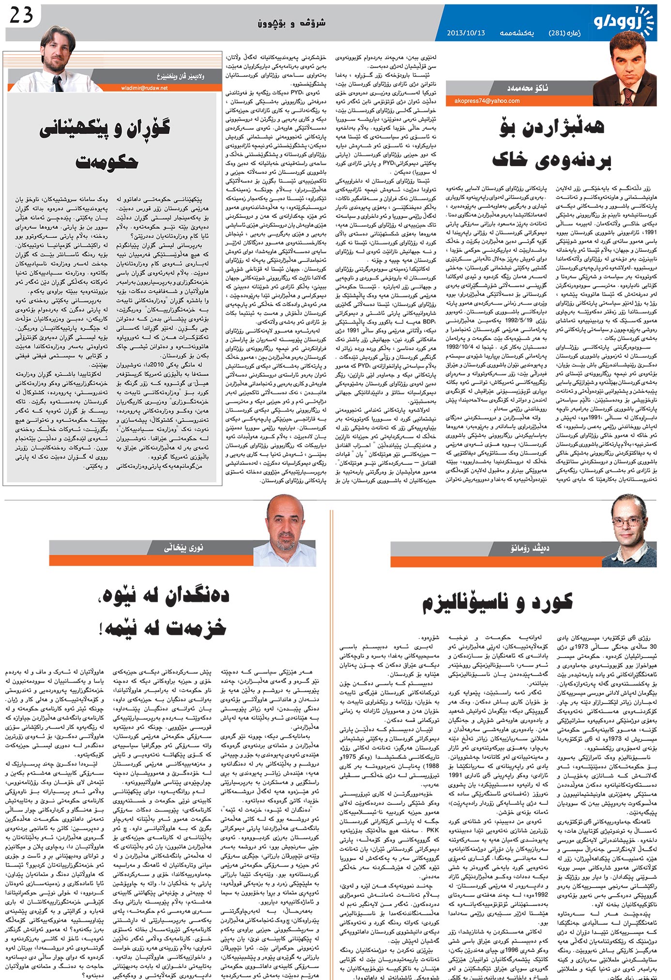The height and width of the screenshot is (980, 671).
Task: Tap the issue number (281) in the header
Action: pos(557,33)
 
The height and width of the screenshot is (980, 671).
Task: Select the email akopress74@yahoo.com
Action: pos(487,101)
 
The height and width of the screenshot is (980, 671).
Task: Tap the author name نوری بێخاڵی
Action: pos(183,548)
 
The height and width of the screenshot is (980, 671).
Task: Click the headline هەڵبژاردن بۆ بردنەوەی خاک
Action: pos(551,143)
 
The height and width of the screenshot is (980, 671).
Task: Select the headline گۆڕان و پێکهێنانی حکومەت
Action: pos(105,144)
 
